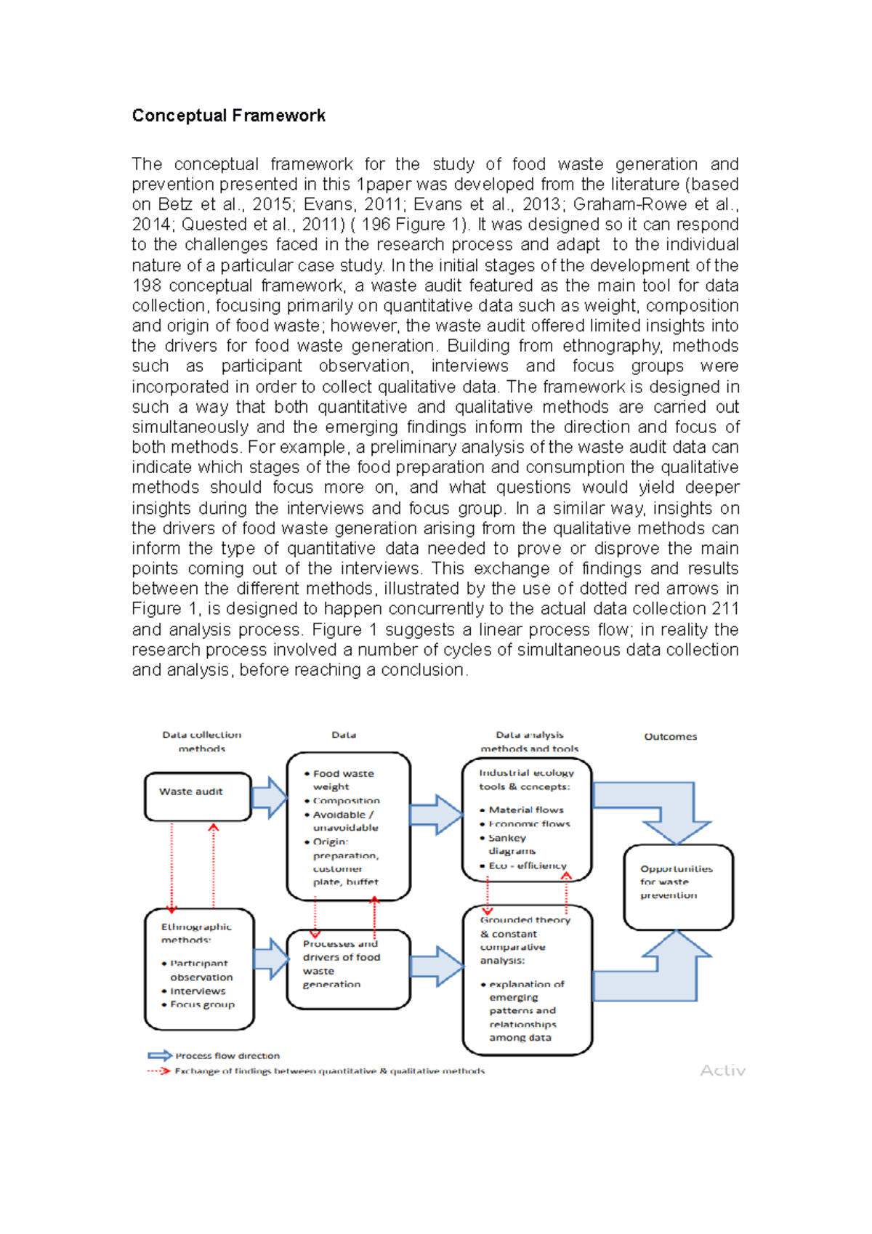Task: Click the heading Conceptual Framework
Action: point(228,116)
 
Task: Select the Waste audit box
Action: point(198,796)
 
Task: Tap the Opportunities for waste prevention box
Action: point(678,886)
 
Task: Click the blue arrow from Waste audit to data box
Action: point(270,797)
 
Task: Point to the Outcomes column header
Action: point(670,736)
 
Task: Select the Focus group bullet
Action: point(201,1004)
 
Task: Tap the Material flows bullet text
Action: point(526,810)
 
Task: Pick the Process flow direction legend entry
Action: point(227,1055)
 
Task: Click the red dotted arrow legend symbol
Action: point(158,1070)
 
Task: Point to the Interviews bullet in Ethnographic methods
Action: point(197,991)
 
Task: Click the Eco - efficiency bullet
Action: point(526,866)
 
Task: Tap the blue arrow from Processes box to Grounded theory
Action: point(437,966)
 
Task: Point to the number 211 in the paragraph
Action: point(725,608)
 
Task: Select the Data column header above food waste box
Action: point(344,735)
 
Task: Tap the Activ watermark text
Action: point(722,1070)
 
